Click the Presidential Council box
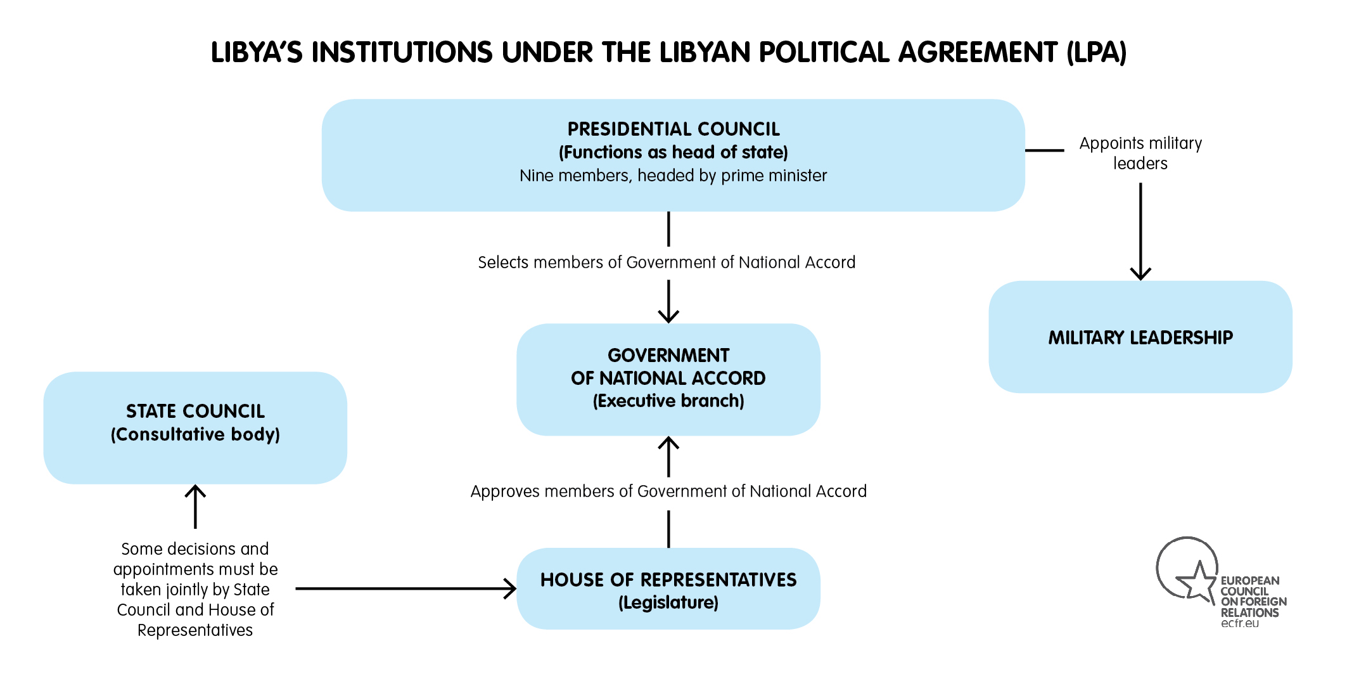pos(673,155)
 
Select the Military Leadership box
pos(1140,337)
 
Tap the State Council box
pos(195,428)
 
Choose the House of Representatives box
pos(668,588)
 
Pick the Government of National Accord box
pos(668,379)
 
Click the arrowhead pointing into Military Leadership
pos(1140,273)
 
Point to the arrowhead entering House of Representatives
pos(510,588)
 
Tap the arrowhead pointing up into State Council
pos(195,492)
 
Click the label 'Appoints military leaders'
pos(1140,153)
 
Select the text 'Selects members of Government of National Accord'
pos(667,262)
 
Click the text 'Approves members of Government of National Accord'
pos(668,491)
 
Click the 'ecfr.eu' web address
pos(1240,623)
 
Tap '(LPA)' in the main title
pos(1097,52)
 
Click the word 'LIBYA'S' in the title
pos(257,52)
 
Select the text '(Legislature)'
pos(668,602)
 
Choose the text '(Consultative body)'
pos(195,434)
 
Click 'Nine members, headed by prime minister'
pos(673,176)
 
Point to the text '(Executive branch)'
pos(668,401)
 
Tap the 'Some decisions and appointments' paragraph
pos(195,589)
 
